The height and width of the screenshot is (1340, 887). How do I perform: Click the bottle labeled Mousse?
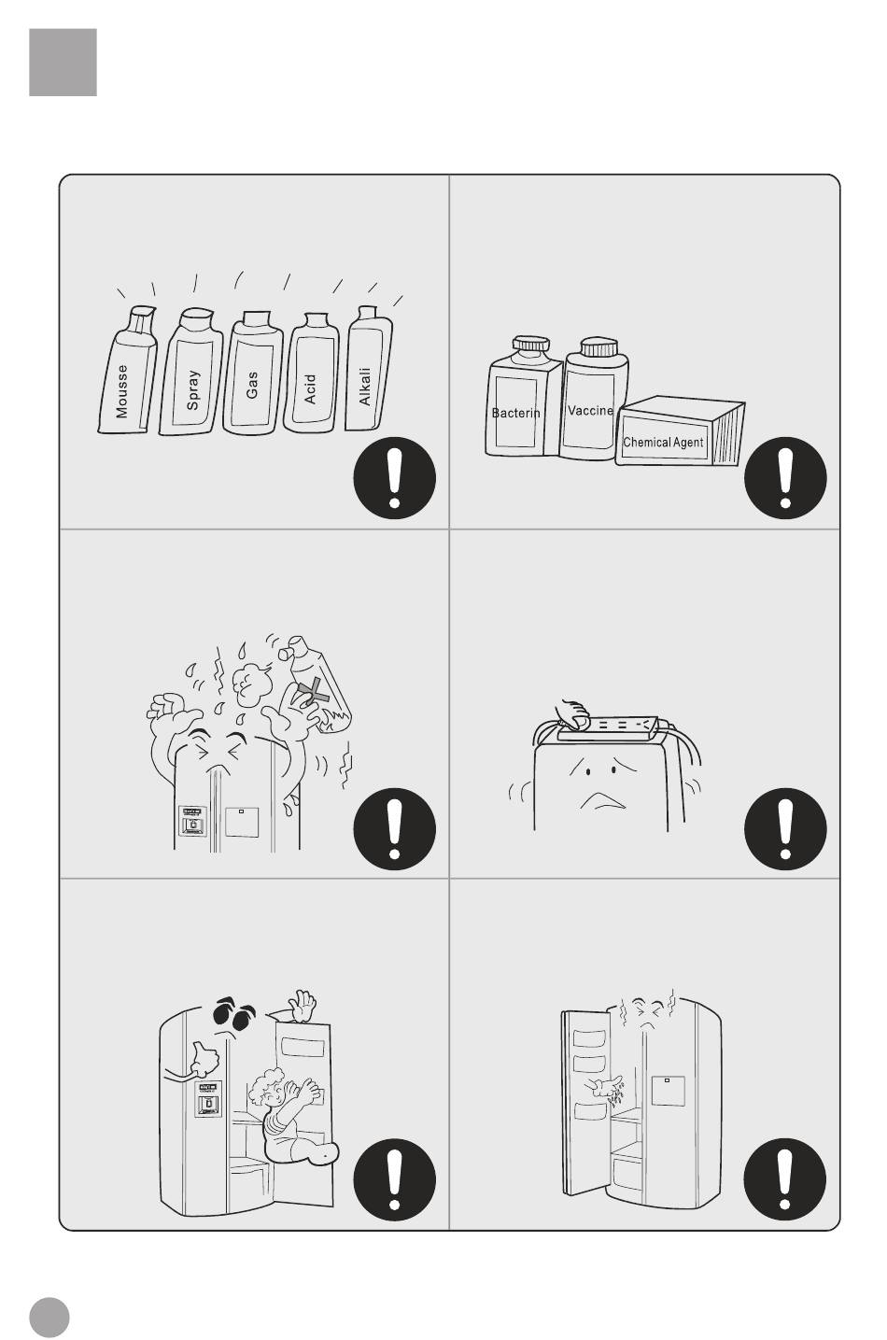(127, 370)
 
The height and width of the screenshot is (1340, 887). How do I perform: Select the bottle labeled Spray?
(191, 372)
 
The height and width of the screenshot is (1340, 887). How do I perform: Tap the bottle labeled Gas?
(253, 373)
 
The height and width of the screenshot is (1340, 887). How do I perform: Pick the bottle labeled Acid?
(311, 373)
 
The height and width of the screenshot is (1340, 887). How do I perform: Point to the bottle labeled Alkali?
(369, 369)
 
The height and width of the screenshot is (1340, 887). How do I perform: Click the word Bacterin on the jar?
(515, 413)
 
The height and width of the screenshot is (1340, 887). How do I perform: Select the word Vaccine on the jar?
(590, 410)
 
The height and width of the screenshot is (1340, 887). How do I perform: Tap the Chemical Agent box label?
(663, 442)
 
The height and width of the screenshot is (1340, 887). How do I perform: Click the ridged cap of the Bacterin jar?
(531, 344)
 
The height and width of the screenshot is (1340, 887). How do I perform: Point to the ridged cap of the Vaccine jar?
(598, 347)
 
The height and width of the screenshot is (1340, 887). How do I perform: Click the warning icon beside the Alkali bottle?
(394, 478)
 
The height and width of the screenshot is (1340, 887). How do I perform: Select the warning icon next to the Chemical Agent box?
(785, 478)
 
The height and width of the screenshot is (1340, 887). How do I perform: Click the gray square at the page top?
(63, 63)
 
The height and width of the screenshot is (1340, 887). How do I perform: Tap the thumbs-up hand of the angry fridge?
(204, 1058)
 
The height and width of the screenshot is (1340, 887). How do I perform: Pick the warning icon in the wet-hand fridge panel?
(784, 1179)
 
